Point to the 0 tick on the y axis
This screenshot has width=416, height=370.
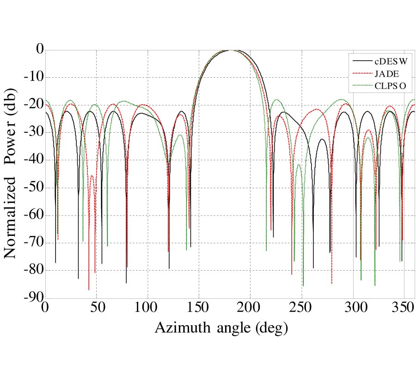point(37,49)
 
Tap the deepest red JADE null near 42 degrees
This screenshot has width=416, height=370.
point(89,289)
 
